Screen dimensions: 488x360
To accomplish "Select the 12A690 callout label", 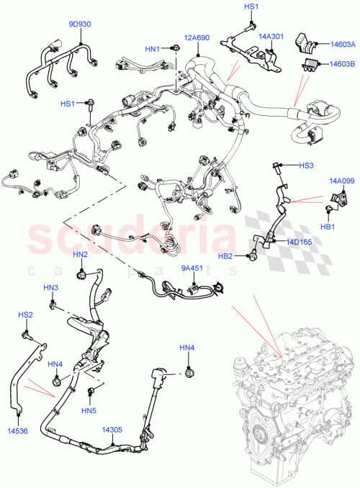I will (196, 37).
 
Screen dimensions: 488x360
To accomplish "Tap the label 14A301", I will (273, 33).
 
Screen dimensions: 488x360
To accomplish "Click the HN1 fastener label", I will (153, 49).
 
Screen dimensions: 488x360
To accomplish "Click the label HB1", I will (329, 227).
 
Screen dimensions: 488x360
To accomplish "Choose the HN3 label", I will (50, 288).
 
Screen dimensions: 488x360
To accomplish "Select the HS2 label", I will (25, 315).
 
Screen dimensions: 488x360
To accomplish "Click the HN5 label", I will (89, 411).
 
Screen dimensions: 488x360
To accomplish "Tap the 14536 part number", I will (18, 431).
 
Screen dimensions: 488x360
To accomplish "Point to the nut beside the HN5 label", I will (92, 392).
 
